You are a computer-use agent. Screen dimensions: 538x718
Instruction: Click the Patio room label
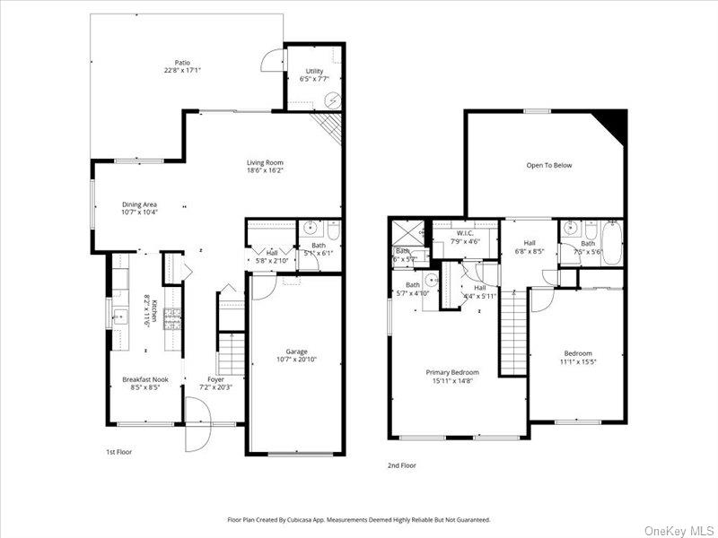182,63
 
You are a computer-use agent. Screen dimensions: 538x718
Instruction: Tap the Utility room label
313,71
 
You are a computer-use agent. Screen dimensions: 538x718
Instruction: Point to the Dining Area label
139,204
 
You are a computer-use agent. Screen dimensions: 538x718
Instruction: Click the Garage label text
296,351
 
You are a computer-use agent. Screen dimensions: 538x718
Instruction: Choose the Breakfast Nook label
145,379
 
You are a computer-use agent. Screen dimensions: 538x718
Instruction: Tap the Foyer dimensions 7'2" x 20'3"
215,387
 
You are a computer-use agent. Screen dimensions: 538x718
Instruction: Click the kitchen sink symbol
118,314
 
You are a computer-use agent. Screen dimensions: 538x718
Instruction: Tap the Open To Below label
548,165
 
